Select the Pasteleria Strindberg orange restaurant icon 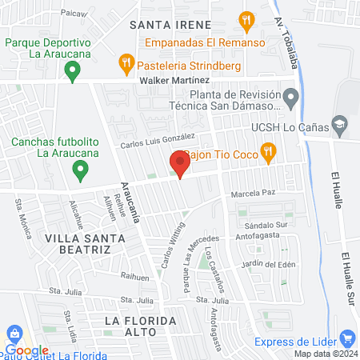(126, 62)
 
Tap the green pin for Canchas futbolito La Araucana (79, 170)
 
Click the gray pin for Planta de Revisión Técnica (292, 99)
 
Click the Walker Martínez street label (174, 81)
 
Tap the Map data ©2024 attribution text (325, 354)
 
